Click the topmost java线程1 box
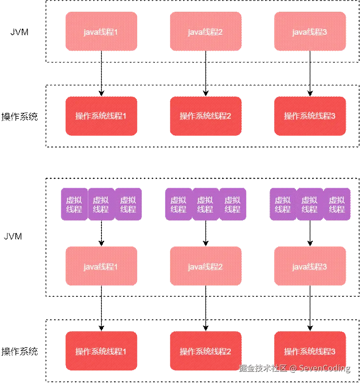(x=101, y=32)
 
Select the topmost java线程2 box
(x=205, y=32)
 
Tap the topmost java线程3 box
(x=310, y=32)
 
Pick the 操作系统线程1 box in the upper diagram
(x=101, y=116)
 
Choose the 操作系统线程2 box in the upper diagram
(x=205, y=116)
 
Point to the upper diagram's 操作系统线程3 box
(x=310, y=116)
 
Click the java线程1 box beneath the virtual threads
(x=101, y=267)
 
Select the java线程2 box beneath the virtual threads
(x=205, y=267)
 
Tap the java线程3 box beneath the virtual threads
(x=310, y=267)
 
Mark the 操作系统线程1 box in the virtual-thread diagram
(x=101, y=351)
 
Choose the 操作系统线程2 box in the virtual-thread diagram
(x=205, y=351)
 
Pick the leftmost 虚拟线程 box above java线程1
(x=74, y=204)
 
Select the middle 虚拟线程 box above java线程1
(x=101, y=204)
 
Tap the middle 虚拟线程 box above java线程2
(x=205, y=204)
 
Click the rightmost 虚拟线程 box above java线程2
(x=232, y=204)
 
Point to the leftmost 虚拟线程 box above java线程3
(x=283, y=204)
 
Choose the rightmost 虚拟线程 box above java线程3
(x=337, y=204)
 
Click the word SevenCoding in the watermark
(x=324, y=368)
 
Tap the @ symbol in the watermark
(x=293, y=368)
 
